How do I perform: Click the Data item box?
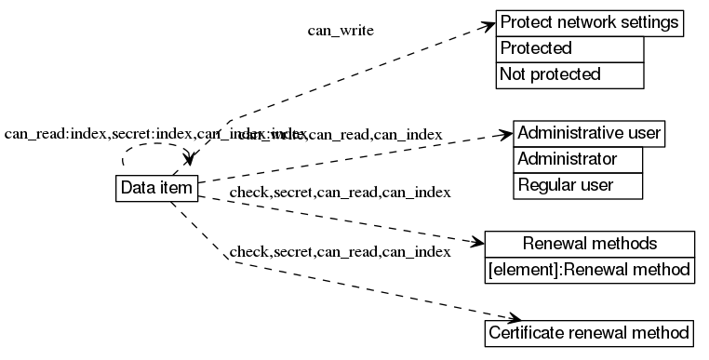(156, 188)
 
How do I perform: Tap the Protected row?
(569, 48)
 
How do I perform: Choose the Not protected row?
(569, 74)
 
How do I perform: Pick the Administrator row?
(578, 159)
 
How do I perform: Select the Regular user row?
(578, 185)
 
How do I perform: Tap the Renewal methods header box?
(590, 244)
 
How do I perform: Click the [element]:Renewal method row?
(590, 270)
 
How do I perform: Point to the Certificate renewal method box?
(590, 332)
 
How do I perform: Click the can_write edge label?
(341, 31)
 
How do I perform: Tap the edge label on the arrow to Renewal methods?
(340, 193)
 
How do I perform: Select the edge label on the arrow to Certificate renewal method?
(340, 251)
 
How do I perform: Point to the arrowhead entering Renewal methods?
(479, 243)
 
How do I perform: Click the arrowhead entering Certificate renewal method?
(510, 318)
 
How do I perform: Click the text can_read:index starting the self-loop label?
(56, 134)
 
